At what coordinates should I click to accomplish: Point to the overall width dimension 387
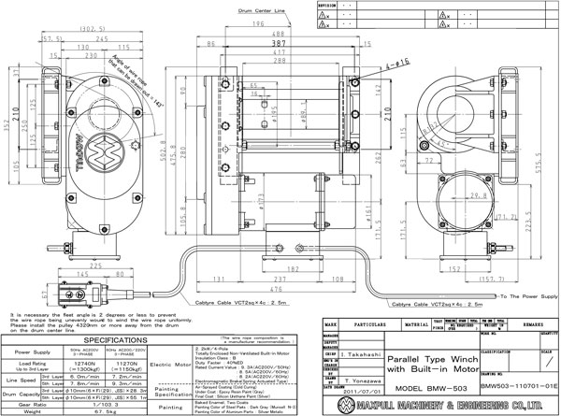(x=278, y=43)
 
